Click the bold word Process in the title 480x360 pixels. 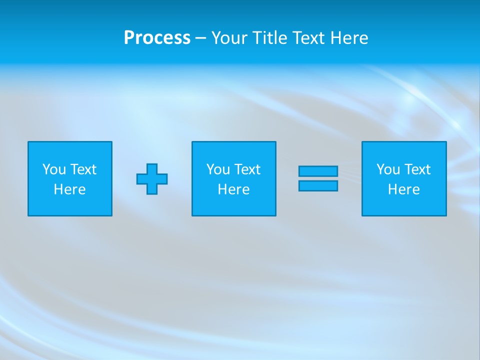point(157,38)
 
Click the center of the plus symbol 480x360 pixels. point(152,179)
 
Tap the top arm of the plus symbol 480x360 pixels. point(152,168)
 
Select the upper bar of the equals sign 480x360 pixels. point(318,171)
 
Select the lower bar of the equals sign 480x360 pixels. point(318,186)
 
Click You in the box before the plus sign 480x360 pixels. point(53,169)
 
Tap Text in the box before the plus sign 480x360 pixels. point(83,169)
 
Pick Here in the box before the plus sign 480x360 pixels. point(70,189)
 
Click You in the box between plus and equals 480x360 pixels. point(217,169)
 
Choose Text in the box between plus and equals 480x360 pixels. point(247,169)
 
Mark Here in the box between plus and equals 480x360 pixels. point(234,189)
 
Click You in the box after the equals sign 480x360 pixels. point(387,169)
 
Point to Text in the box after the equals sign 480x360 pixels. point(417,169)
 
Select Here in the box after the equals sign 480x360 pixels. point(404,189)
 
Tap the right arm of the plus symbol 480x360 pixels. point(162,179)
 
